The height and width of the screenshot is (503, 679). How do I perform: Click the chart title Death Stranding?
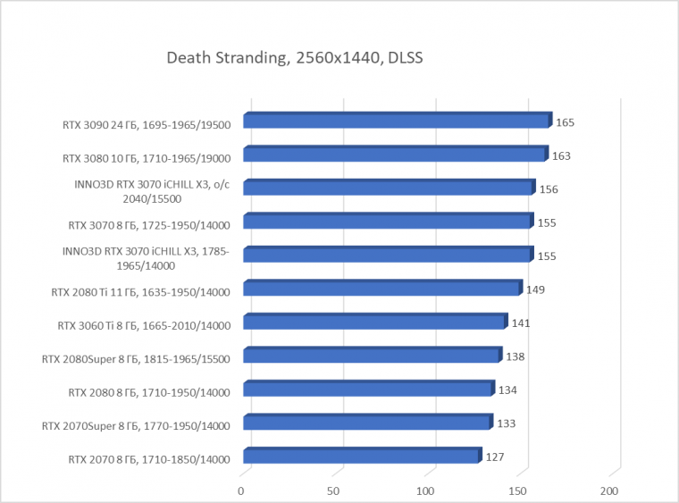pos(294,59)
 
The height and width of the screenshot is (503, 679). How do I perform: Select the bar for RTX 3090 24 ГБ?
pos(396,122)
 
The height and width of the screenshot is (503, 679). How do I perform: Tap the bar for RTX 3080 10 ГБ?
pos(394,155)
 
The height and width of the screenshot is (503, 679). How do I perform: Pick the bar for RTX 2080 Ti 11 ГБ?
pos(381,289)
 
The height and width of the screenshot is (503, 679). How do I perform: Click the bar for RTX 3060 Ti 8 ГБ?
pos(374,323)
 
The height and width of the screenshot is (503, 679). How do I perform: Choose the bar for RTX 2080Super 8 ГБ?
pos(372,356)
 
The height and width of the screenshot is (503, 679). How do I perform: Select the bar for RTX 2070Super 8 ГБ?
pos(367,423)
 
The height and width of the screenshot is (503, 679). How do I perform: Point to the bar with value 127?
pos(361,457)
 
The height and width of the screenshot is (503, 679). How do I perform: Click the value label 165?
pos(565,122)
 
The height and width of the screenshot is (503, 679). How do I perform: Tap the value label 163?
pos(561,155)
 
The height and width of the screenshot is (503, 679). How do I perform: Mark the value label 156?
pos(549,189)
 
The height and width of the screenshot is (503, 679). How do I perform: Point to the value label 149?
pos(536,289)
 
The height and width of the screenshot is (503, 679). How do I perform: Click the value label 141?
pos(521,323)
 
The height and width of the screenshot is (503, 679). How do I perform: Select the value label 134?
pos(508,390)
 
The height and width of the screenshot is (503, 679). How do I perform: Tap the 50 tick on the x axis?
pos(333,490)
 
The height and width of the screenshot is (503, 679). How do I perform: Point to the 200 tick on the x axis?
pos(609,490)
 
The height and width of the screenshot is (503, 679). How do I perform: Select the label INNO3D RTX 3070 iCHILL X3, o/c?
pos(152,185)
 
